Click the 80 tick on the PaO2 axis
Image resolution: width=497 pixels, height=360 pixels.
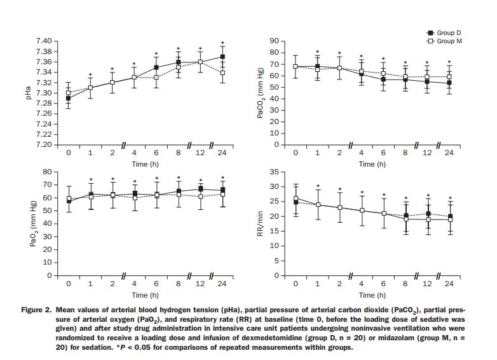47,172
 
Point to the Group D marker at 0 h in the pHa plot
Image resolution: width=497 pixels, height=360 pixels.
69,98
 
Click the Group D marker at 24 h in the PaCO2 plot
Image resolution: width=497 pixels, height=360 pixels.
449,83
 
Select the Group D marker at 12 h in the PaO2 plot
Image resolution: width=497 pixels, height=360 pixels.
201,189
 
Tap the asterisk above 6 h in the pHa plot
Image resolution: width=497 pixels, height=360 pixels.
156,55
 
